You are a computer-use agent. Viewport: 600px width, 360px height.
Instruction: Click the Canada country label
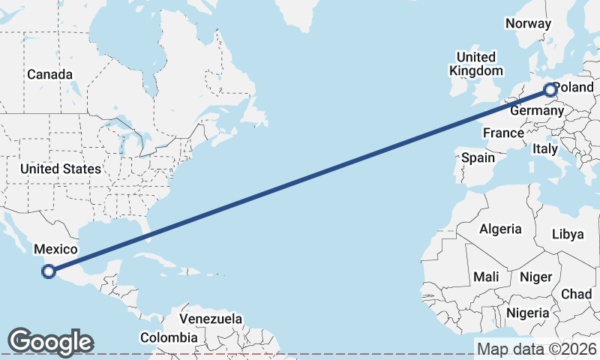[x=49, y=75]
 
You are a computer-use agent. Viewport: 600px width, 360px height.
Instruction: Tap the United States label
[x=60, y=169]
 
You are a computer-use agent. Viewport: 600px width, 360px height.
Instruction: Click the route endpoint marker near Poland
[x=550, y=90]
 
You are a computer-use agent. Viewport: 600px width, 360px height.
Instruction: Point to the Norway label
[x=528, y=23]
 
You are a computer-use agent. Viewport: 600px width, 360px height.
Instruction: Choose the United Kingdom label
[x=476, y=64]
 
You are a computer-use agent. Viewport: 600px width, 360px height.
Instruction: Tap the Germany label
[x=536, y=111]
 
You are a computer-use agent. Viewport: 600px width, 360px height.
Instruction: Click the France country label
[x=503, y=133]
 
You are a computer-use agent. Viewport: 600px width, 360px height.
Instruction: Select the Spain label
[x=478, y=157]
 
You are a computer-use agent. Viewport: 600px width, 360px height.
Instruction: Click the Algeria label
[x=500, y=229]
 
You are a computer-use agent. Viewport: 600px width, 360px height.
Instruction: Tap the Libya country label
[x=567, y=234]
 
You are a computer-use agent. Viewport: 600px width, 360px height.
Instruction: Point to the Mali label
[x=486, y=277]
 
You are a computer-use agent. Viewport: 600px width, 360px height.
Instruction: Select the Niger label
[x=535, y=277]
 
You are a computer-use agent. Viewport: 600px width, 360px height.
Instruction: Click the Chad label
[x=576, y=294]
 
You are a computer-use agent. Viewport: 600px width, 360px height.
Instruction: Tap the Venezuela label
[x=211, y=319]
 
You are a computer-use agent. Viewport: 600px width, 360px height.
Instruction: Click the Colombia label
[x=171, y=337]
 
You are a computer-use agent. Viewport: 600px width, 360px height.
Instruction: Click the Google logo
[x=50, y=342]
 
